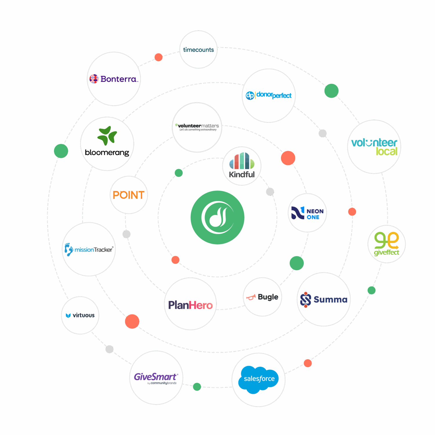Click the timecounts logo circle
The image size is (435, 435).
(198, 50)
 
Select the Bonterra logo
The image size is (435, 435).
(114, 79)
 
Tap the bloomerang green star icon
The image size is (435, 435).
(107, 135)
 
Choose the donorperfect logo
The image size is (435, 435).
(269, 95)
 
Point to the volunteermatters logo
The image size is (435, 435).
(197, 127)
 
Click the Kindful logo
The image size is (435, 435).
(242, 166)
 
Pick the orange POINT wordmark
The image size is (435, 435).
(128, 195)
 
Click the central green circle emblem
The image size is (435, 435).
(217, 217)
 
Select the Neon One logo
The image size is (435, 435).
(307, 213)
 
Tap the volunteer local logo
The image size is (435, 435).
(374, 147)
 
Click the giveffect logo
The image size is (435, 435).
(387, 244)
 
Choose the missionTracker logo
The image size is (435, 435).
(89, 249)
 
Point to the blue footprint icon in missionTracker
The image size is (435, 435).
(68, 249)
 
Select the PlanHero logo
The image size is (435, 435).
(190, 305)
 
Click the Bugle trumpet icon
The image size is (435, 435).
(251, 297)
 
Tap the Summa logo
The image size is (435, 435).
(324, 299)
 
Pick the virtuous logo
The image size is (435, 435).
(80, 315)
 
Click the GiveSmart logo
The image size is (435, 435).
(156, 378)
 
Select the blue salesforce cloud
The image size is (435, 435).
(258, 379)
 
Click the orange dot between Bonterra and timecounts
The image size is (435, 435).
(158, 57)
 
